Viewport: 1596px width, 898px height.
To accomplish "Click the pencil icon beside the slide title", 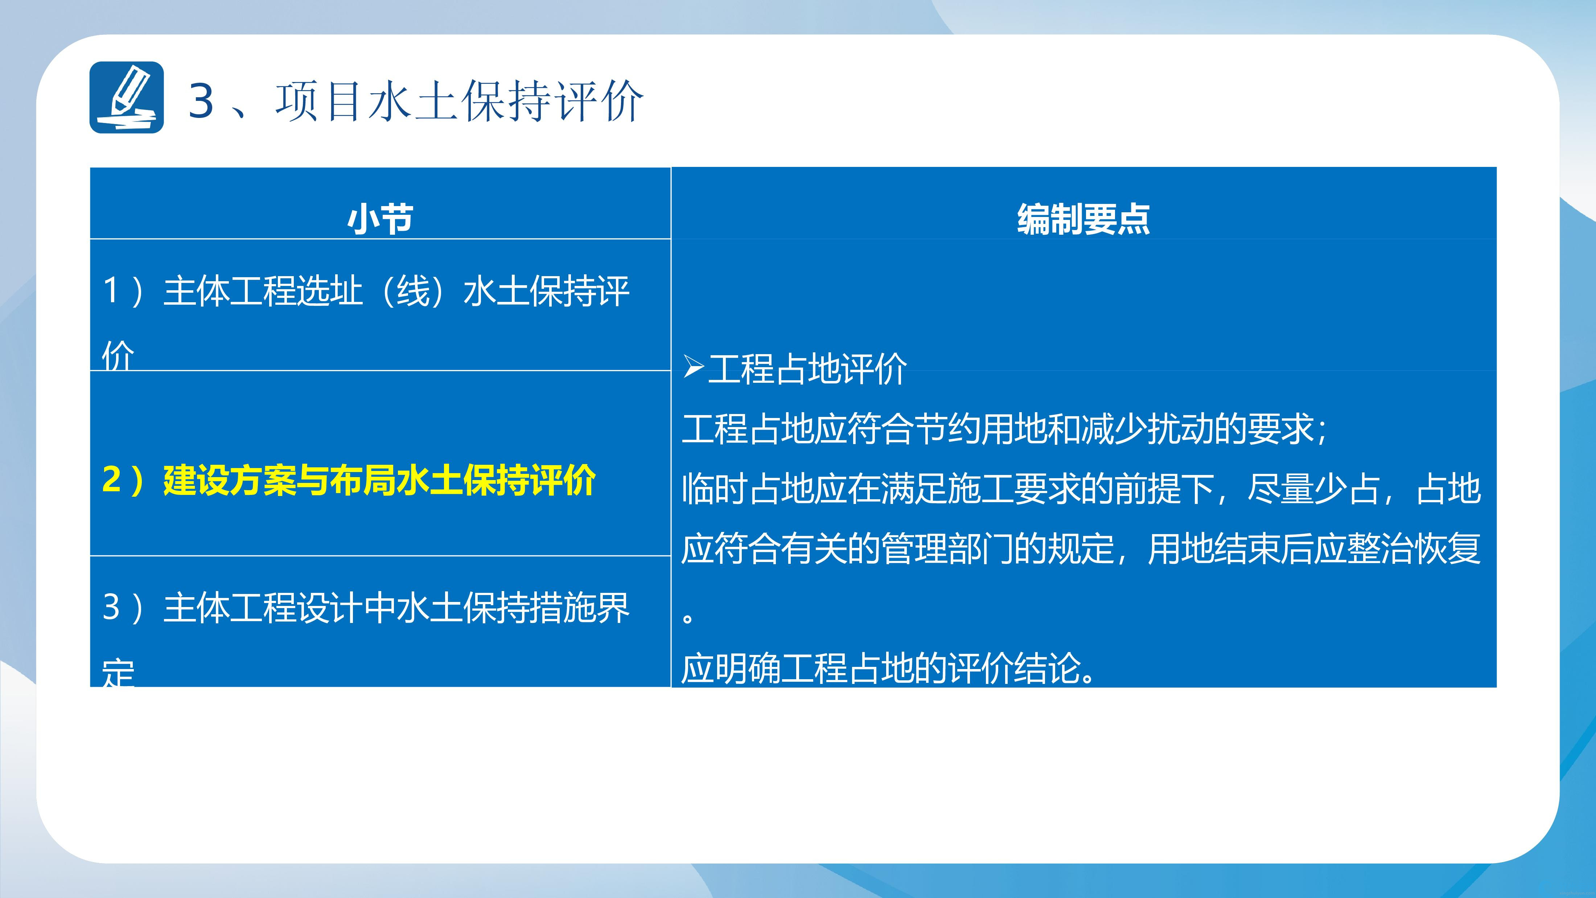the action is (x=126, y=97).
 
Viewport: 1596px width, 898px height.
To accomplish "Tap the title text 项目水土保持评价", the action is (x=459, y=101).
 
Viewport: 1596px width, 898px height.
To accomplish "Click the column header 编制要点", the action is (x=1083, y=219).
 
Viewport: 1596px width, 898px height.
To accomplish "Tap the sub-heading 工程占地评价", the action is (x=808, y=369).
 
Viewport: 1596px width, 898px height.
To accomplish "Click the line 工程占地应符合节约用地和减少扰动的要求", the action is (x=1004, y=429).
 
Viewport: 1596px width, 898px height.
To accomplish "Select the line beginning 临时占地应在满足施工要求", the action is (x=1081, y=489).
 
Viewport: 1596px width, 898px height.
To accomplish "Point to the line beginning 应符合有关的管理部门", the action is (x=1081, y=549).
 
